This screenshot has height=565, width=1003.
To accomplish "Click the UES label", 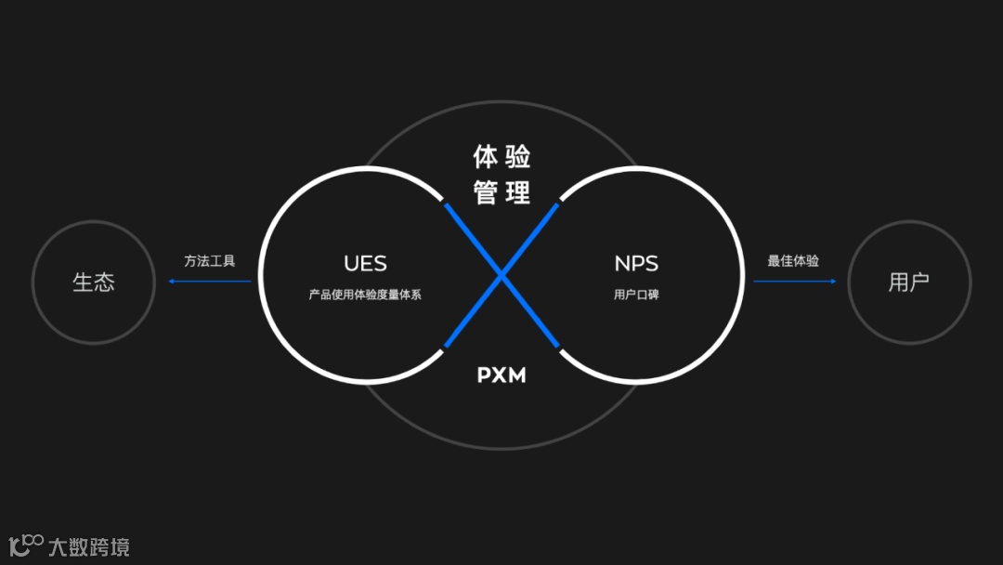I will (365, 263).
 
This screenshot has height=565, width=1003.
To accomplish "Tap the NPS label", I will (636, 263).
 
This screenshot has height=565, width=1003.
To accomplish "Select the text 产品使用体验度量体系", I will (365, 295).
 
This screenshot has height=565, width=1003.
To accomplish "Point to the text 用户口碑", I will (636, 295).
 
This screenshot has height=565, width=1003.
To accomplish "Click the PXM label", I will (501, 375).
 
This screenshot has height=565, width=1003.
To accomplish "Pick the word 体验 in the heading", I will (501, 156).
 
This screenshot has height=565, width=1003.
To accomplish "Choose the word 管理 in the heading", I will (501, 192).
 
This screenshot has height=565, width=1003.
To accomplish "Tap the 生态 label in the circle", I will (94, 282).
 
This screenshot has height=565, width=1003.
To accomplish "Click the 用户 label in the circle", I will (908, 282).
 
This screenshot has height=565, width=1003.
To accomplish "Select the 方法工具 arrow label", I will (210, 261).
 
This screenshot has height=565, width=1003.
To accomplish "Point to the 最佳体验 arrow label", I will (793, 261).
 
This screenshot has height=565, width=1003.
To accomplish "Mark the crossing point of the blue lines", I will (501, 275).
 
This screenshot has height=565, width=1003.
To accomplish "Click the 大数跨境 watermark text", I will (89, 546).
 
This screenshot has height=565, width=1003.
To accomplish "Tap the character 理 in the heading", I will (518, 192).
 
